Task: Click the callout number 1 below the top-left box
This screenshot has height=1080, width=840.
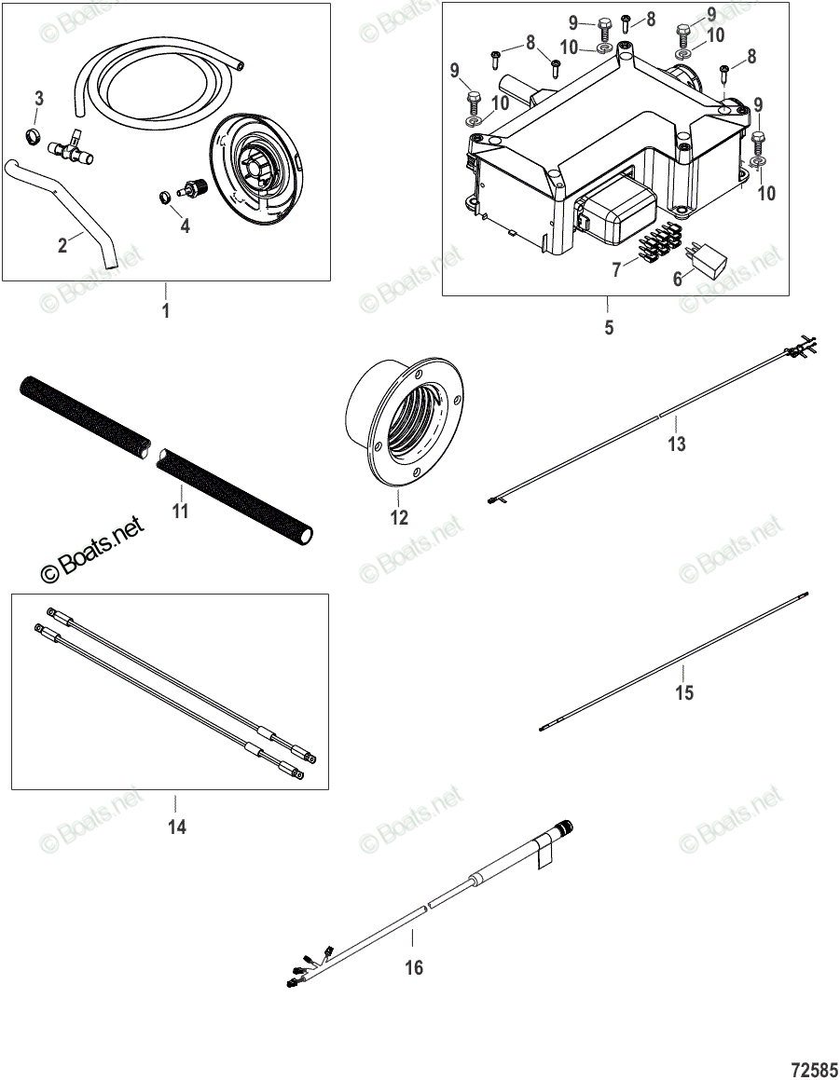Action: (166, 311)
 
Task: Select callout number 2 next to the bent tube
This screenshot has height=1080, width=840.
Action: (62, 246)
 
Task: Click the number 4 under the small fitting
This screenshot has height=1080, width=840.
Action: (185, 226)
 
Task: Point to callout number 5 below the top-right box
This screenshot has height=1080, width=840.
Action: (609, 328)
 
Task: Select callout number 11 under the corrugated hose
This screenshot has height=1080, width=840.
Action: (180, 511)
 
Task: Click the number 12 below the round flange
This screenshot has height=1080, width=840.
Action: (399, 518)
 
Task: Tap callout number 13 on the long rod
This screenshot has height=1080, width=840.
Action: (677, 444)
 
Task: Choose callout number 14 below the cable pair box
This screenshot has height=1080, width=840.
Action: (176, 826)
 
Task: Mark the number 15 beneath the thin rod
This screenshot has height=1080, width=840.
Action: (684, 693)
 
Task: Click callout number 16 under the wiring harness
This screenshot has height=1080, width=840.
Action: (414, 968)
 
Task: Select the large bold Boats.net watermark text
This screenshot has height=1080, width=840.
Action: (93, 551)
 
